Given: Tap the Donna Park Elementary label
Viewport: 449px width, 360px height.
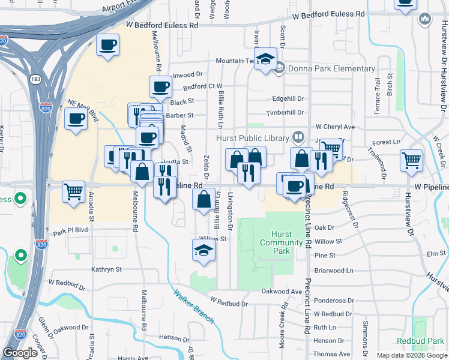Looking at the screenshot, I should click(331, 68).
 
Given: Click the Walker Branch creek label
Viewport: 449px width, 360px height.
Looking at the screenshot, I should click(193, 307).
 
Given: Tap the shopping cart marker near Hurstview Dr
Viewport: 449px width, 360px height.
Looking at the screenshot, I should click(411, 160).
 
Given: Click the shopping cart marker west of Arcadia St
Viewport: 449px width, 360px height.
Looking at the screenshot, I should click(73, 192).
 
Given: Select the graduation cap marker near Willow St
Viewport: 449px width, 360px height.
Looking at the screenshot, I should click(203, 251).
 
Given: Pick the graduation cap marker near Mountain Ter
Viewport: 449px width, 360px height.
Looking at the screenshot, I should click(265, 59).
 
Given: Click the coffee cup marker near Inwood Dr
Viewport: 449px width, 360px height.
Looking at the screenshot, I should click(160, 87).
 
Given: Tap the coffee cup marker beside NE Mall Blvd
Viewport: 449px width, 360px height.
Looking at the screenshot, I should click(76, 119).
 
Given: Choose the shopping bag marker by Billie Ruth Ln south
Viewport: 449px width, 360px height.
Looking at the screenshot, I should click(204, 199).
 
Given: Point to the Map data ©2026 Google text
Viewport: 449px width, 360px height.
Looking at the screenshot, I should click(411, 355).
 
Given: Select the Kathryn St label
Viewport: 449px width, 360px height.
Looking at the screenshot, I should click(106, 270).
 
